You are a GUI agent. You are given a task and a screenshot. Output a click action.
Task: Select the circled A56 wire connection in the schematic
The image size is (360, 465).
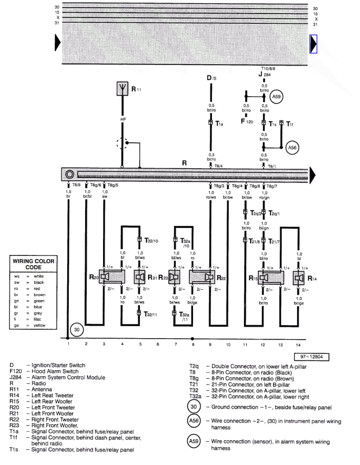[x=292, y=147]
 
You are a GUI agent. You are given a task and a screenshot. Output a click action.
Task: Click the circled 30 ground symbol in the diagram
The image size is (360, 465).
[x=77, y=330]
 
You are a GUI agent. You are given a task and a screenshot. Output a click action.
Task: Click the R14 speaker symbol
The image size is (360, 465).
[x=298, y=278]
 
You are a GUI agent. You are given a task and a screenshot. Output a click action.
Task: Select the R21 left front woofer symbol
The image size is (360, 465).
[x=139, y=277]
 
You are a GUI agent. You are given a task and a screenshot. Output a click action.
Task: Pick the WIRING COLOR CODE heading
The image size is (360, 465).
[x=33, y=264]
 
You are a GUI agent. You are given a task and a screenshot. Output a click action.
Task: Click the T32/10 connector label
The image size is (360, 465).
[x=151, y=241]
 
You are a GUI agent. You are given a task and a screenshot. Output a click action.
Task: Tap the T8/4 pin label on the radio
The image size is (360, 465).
[x=218, y=166]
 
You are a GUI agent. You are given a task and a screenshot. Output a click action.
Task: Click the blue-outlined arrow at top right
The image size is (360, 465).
[x=314, y=44]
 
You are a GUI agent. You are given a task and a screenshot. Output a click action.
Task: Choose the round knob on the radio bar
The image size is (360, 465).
[x=69, y=174]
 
